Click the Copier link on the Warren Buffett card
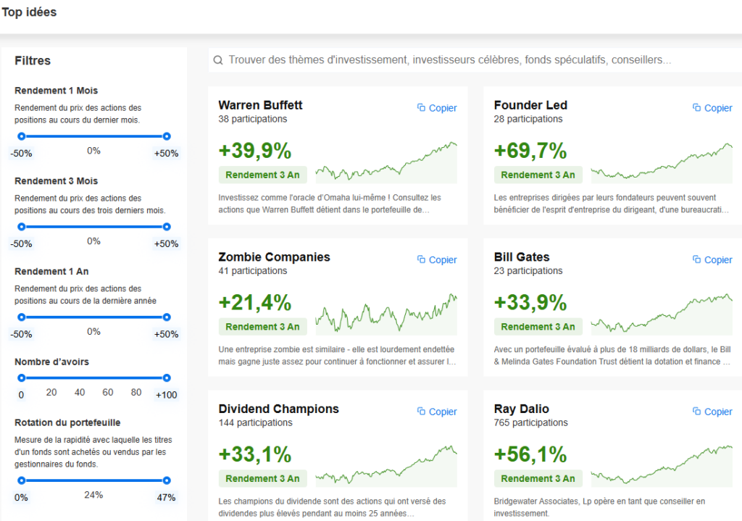437,108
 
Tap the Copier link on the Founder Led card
712,108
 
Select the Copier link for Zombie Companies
437,259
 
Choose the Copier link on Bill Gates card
712,259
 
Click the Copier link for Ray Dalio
712,412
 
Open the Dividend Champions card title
278,409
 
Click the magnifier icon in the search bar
217,60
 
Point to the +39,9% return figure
255,151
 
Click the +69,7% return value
530,151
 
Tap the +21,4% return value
255,302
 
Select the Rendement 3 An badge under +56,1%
538,478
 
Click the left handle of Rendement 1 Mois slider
21,136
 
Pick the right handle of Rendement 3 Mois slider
167,227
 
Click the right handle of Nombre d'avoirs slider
167,378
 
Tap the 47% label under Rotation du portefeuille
166,497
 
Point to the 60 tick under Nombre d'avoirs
108,392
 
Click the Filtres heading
33,61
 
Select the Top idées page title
29,12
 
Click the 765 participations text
530,422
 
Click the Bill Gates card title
522,257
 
